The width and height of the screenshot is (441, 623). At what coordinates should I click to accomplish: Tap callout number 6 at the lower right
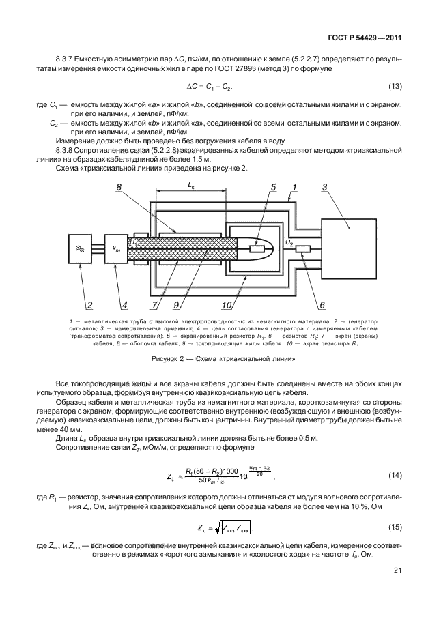click(324, 304)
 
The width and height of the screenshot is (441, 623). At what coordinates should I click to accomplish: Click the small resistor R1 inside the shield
click(258, 249)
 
